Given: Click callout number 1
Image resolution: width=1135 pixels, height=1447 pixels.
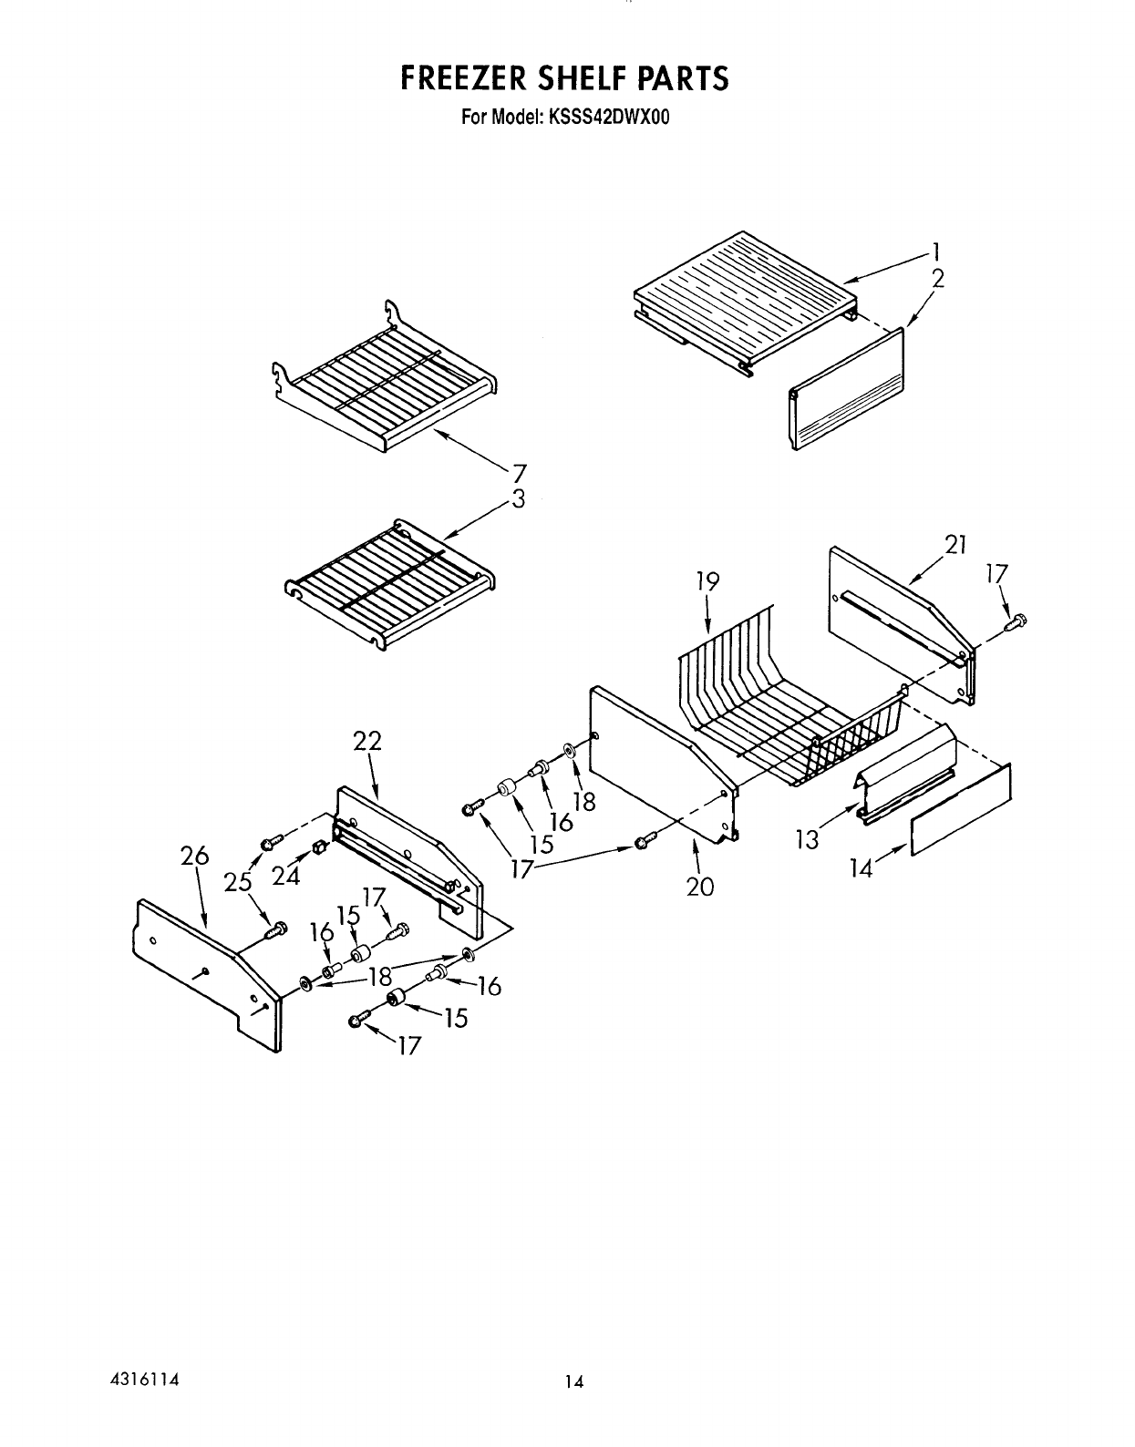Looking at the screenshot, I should point(936,252).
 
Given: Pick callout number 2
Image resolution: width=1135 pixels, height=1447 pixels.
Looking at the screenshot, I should point(937,279).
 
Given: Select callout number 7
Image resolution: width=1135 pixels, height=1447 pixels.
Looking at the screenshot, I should point(518,473).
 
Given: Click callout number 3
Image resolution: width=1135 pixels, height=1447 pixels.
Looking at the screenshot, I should point(518,498).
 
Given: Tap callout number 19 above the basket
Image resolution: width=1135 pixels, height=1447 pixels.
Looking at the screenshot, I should point(707,580).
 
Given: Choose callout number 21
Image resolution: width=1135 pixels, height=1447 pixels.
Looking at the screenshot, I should point(954,545).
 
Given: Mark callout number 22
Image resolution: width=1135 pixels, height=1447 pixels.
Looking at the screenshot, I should point(366,743).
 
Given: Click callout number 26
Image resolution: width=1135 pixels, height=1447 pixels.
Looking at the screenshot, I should point(195,857).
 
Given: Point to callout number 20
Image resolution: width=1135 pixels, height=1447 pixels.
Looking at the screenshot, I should point(700,885).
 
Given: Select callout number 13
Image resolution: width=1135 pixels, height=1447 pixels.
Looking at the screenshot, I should point(808,839).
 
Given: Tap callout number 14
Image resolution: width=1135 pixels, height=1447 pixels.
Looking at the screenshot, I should point(861,867).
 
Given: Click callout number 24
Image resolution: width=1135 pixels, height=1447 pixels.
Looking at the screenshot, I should point(286,875).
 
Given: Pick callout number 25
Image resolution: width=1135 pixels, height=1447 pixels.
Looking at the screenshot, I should point(237,881).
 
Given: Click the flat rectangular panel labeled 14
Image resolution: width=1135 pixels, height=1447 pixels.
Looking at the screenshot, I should point(961,809).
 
